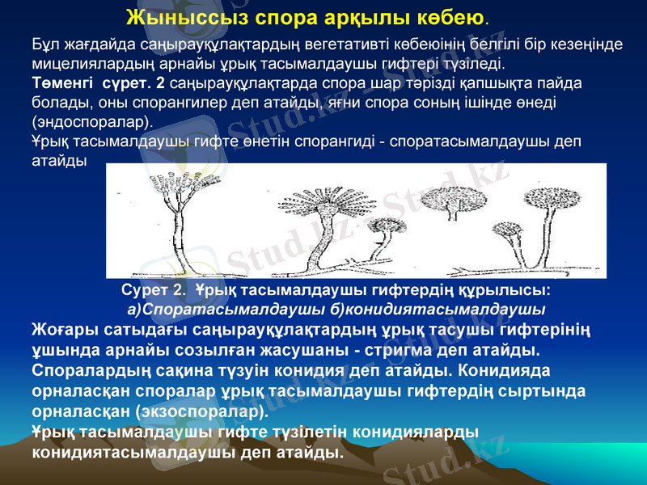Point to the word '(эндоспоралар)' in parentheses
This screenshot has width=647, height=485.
click(91, 122)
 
